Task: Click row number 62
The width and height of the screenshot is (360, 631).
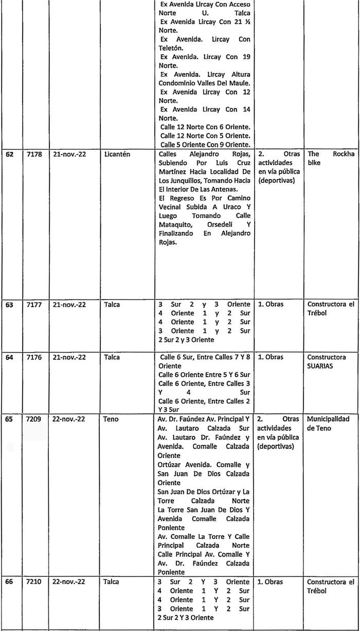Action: click(9, 154)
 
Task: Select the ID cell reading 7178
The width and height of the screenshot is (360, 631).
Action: click(34, 154)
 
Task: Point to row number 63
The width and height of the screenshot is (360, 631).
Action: click(9, 304)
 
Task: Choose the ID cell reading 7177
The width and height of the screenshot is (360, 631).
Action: click(34, 304)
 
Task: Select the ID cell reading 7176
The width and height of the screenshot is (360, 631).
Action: click(34, 357)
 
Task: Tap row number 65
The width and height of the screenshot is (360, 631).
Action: click(9, 419)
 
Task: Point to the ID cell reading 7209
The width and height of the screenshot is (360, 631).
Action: click(34, 419)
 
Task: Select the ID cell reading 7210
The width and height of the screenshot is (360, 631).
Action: click(34, 582)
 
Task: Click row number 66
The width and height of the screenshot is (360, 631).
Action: click(9, 582)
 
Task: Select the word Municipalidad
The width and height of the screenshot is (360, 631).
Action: click(332, 419)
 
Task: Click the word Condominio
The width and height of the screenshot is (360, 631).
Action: click(179, 83)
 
